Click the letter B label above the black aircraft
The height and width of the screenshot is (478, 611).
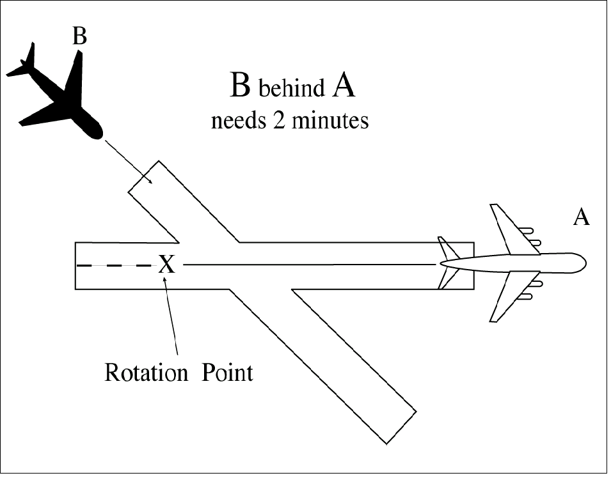(x=79, y=37)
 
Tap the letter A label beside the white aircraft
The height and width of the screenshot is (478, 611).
(x=581, y=218)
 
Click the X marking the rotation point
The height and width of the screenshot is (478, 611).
(x=166, y=264)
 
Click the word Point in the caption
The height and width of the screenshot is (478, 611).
(x=227, y=373)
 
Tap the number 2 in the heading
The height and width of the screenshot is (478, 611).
(x=279, y=120)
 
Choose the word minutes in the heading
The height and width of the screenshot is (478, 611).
(x=330, y=120)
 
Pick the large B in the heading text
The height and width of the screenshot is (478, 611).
(x=240, y=86)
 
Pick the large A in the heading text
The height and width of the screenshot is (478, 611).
(x=344, y=86)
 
